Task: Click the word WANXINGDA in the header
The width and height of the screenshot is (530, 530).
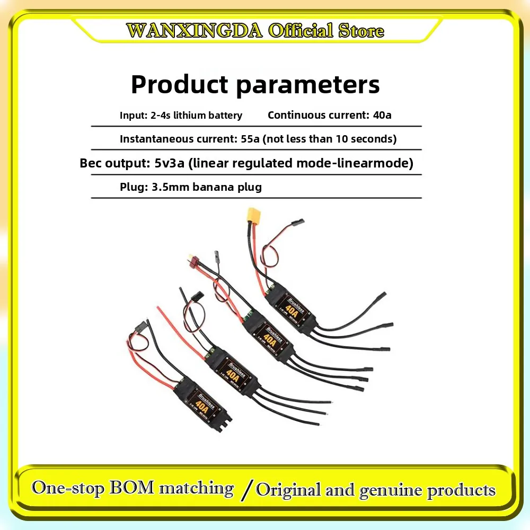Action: pos(195,30)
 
